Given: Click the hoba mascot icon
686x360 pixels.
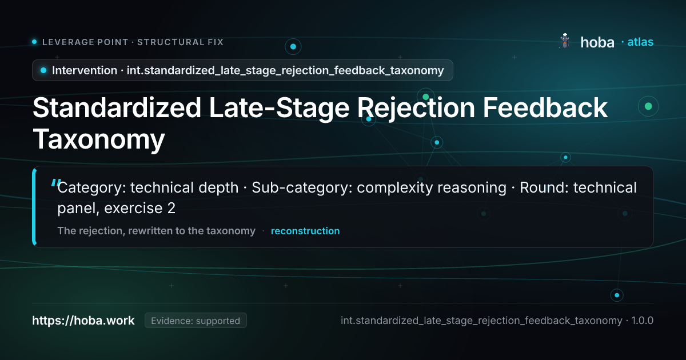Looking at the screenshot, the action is click(564, 41).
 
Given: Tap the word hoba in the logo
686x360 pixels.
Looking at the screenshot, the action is click(597, 42).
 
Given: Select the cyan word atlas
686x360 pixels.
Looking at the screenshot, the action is click(640, 42).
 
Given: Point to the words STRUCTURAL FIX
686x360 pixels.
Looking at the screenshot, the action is click(181, 42).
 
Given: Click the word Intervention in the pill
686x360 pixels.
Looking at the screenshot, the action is click(85, 70).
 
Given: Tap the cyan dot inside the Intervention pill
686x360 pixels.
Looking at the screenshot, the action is click(43, 70).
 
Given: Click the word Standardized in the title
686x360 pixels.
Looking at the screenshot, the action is click(117, 108).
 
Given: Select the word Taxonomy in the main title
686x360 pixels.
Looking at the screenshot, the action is click(98, 139).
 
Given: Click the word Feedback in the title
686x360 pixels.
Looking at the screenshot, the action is click(545, 108).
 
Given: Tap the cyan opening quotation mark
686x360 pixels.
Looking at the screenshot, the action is click(55, 183).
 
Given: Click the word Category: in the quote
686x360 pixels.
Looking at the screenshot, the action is click(91, 187).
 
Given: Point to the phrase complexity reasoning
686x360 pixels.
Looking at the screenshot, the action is click(432, 187).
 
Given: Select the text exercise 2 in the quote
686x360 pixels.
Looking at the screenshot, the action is click(139, 208).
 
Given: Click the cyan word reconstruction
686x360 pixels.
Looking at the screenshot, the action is click(305, 231).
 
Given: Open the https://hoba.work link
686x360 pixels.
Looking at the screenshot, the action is click(83, 321).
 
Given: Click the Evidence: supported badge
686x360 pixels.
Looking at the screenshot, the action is click(196, 321).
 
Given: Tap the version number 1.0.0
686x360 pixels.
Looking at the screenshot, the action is click(642, 321).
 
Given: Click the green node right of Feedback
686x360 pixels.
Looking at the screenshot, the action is click(648, 106).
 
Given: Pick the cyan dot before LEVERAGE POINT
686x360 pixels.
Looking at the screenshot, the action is click(34, 42).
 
